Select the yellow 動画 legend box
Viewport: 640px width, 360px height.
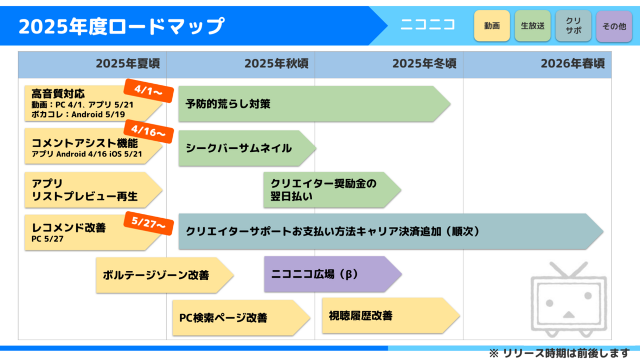(x=491, y=26)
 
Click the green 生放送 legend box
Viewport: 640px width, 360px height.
(x=532, y=26)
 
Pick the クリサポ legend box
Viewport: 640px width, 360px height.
(x=573, y=26)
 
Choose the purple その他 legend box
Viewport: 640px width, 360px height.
(x=614, y=26)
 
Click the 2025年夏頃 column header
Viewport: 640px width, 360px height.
(x=128, y=64)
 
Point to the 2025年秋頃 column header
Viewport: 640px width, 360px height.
(x=276, y=64)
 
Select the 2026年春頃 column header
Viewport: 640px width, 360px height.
(x=573, y=64)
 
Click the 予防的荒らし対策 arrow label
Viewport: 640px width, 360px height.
(x=228, y=104)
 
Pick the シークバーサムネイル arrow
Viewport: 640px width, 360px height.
(x=239, y=148)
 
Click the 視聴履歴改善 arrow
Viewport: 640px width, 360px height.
(x=361, y=316)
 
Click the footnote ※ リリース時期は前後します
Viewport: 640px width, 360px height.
(x=559, y=353)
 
